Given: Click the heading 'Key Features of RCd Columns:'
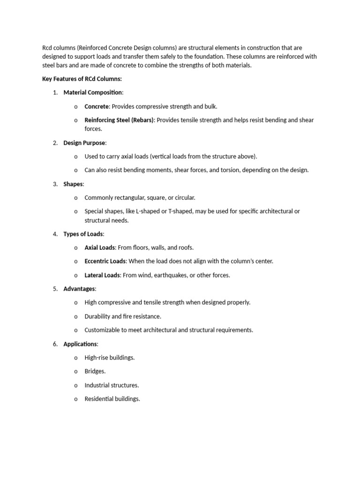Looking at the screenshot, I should point(82,79).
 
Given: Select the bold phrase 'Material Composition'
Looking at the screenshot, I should point(92,92).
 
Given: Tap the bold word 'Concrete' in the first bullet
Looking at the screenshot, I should point(97,106).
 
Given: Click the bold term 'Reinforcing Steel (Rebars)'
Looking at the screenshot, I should point(119,120).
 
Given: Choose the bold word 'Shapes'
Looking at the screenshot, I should point(73,184).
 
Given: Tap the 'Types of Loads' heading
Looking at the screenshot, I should point(83,234).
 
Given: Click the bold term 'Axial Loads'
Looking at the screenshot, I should point(99,247).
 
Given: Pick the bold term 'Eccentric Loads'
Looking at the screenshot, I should point(105,261).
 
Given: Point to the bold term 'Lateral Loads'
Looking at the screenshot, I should point(102,275).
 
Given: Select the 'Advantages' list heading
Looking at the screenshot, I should point(79,289).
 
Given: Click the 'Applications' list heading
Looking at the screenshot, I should point(81,344).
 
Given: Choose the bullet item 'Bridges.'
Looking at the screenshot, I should point(95,371).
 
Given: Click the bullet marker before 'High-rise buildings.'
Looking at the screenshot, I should point(75,358).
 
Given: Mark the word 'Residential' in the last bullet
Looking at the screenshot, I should point(98,399).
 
